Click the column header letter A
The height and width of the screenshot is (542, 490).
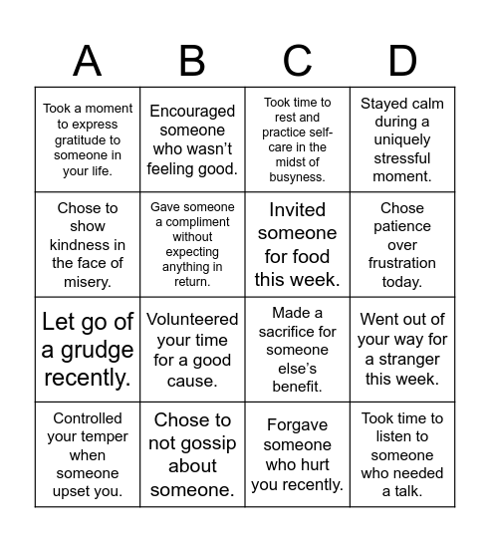click(x=88, y=61)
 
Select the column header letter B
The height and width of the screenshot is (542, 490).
click(x=192, y=61)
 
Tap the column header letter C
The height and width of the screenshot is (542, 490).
click(x=298, y=61)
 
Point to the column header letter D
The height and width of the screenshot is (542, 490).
click(x=402, y=61)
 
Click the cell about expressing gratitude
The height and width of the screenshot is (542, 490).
click(x=88, y=139)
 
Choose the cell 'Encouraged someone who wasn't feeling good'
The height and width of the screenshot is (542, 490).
click(x=192, y=139)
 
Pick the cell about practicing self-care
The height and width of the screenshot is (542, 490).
click(x=298, y=139)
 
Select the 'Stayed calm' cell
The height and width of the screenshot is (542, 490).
click(x=402, y=139)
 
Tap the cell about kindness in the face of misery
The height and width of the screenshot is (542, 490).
click(x=88, y=245)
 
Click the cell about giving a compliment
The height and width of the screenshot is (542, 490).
click(x=192, y=245)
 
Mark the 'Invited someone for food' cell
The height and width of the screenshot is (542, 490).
click(x=298, y=245)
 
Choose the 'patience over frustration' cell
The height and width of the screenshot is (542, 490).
click(x=402, y=245)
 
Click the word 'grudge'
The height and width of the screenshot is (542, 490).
click(x=88, y=350)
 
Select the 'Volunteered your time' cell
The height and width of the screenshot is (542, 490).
click(x=192, y=350)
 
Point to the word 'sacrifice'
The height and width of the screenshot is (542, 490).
click(x=298, y=332)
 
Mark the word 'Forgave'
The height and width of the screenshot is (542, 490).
click(x=298, y=424)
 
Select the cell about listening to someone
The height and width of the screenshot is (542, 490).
click(x=402, y=454)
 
